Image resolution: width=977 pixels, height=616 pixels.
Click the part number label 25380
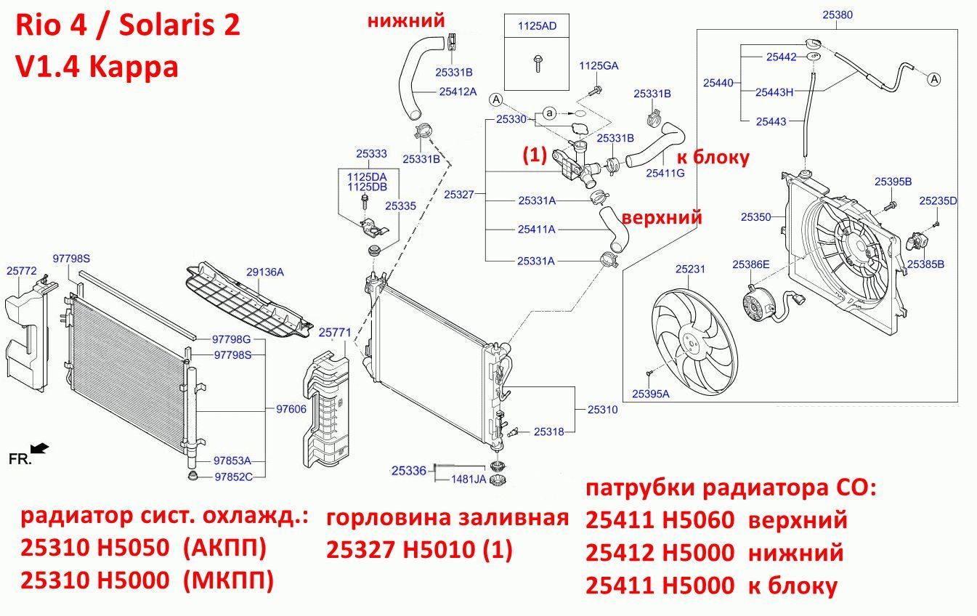838,15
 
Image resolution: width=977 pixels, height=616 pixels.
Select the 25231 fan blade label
690,269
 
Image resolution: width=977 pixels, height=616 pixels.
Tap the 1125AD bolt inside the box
537,63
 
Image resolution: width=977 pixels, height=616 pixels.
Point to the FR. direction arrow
40,448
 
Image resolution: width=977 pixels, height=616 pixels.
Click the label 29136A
264,272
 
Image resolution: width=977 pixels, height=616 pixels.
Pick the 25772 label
22,271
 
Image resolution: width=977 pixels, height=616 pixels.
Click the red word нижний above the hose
406,20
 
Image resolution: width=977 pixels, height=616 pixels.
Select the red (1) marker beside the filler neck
535,155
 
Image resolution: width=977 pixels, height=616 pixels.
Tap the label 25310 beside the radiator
602,409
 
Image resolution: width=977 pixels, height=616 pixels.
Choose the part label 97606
291,409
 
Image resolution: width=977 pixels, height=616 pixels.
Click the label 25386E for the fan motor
751,264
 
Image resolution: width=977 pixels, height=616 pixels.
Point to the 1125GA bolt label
599,66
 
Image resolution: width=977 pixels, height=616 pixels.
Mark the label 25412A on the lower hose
458,92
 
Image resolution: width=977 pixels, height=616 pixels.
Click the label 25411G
665,173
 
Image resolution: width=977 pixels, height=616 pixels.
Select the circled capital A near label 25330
496,100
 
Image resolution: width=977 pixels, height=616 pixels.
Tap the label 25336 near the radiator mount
409,471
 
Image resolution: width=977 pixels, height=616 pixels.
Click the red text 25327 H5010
400,549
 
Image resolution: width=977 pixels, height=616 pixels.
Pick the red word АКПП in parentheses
224,548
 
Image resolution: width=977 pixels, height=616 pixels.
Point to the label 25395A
651,394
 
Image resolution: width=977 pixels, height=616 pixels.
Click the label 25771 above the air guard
335,333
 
